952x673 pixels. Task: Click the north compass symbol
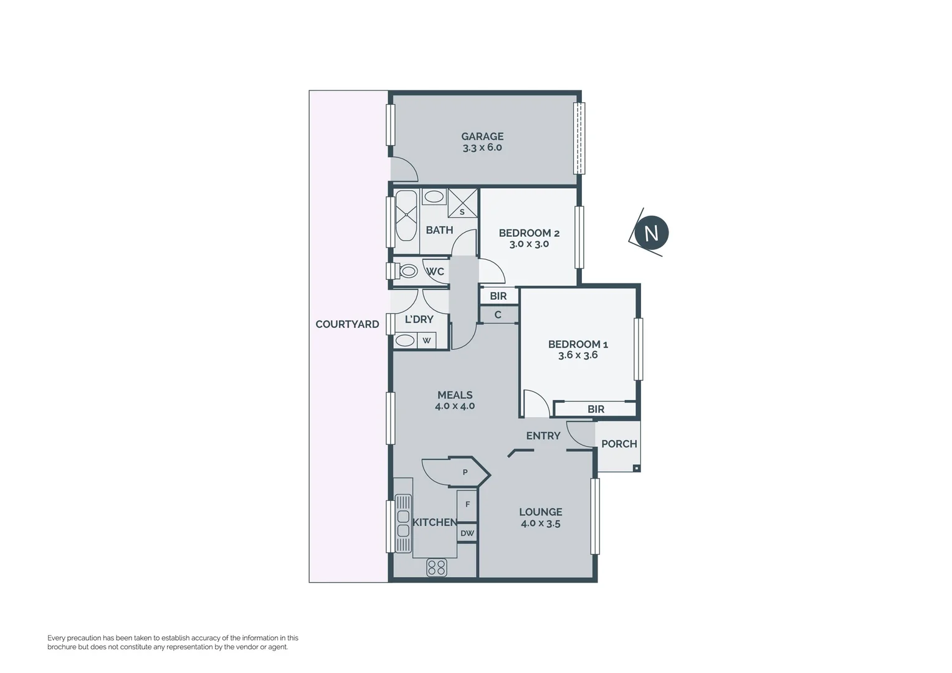(x=650, y=233)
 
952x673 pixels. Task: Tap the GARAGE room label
(x=482, y=136)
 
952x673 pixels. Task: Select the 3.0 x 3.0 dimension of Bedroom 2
(x=529, y=244)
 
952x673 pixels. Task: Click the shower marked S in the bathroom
(x=462, y=203)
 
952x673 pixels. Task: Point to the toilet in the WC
(x=408, y=271)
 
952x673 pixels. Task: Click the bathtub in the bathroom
(x=406, y=216)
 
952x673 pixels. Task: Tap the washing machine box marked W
(x=427, y=340)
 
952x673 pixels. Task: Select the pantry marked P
(x=465, y=472)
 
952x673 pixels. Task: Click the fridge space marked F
(x=467, y=505)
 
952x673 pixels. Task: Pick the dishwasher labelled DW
(x=467, y=533)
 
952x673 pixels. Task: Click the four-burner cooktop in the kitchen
(x=437, y=567)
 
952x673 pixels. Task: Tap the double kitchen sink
(x=403, y=523)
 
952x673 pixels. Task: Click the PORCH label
(x=619, y=444)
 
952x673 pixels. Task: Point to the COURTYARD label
(x=347, y=324)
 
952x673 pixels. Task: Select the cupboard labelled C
(x=498, y=315)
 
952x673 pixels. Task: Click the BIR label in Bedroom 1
(x=596, y=409)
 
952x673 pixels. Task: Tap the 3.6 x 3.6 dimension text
(x=578, y=355)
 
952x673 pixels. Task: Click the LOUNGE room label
(x=540, y=512)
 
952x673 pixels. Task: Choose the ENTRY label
(x=543, y=436)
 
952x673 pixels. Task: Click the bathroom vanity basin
(x=434, y=197)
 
